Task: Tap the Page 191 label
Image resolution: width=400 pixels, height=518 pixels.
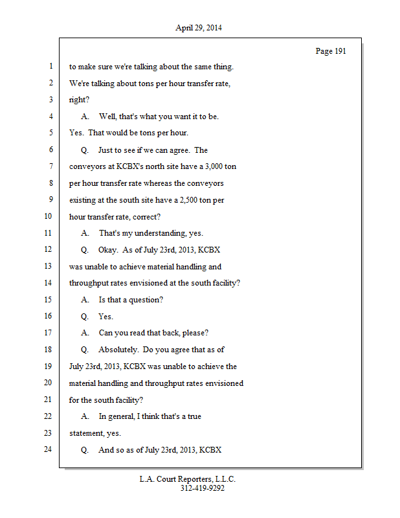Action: [x=331, y=51]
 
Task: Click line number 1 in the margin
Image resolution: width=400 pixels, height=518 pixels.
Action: [x=50, y=66]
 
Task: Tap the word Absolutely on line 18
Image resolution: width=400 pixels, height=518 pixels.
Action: [x=117, y=350]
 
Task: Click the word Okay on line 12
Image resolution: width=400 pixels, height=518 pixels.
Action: [x=108, y=249]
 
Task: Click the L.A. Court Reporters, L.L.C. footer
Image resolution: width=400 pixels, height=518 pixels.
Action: [x=188, y=479]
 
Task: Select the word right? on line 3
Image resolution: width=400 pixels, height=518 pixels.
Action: [x=79, y=100]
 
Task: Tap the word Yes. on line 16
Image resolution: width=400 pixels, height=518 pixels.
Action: [x=106, y=317]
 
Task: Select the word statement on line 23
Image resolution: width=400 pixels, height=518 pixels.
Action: [x=87, y=433]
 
